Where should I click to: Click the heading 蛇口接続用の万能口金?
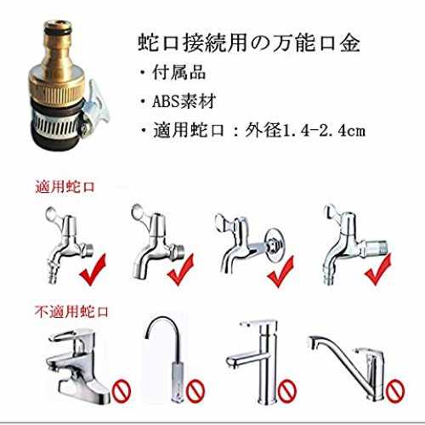coord(249,43)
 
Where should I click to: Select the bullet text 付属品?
coord(179,72)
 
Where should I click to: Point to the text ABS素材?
coord(184,101)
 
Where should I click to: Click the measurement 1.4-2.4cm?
coord(325,131)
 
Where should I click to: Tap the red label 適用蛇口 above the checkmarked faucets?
coord(65,187)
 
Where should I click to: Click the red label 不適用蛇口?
coord(71,312)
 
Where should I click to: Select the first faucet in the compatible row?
coord(69,244)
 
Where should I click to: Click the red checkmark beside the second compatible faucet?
coord(181,269)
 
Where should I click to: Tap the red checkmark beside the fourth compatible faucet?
coord(378,269)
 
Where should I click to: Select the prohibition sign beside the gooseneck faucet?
coord(195,391)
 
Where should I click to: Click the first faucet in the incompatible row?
coord(79,365)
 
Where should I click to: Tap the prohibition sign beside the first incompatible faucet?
coord(122,391)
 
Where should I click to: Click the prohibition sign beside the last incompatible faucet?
coord(396,391)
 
